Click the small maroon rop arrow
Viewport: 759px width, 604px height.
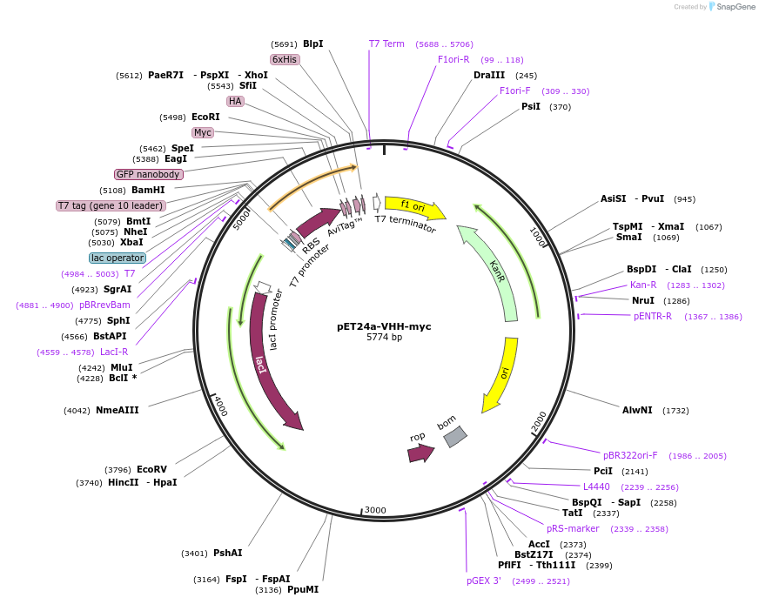(x=420, y=453)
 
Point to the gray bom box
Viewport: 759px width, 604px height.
(x=454, y=436)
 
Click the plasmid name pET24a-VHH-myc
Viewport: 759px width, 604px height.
(x=384, y=326)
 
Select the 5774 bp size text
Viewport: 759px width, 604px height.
(x=384, y=338)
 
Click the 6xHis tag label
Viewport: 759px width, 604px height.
(x=285, y=59)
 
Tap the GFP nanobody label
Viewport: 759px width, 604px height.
(x=148, y=174)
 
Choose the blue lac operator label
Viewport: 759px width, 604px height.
(x=118, y=258)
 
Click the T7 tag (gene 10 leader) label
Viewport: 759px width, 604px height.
(x=111, y=206)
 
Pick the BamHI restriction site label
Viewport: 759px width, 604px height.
(x=148, y=190)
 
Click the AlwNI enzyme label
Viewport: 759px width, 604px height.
(x=637, y=410)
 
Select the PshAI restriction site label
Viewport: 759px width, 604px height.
(x=228, y=553)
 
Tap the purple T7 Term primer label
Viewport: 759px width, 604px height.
(x=386, y=44)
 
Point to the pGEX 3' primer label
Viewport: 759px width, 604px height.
(x=484, y=581)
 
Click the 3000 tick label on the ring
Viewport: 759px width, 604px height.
(x=375, y=510)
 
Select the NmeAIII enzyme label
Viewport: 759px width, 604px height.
(x=117, y=410)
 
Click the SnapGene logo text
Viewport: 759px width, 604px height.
(x=735, y=7)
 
